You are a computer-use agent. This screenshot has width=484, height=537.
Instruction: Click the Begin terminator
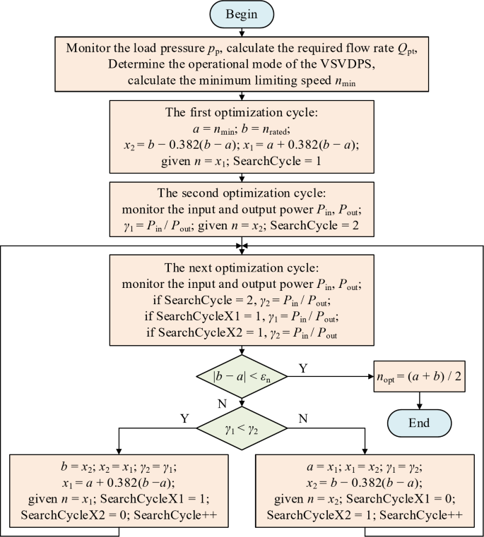242,13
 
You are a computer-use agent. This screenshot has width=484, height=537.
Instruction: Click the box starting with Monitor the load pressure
242,64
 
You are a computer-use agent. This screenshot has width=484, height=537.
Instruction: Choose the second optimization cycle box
242,208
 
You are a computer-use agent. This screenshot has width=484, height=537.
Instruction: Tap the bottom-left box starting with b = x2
119,490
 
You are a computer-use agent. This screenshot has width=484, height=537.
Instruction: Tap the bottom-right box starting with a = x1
365,490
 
